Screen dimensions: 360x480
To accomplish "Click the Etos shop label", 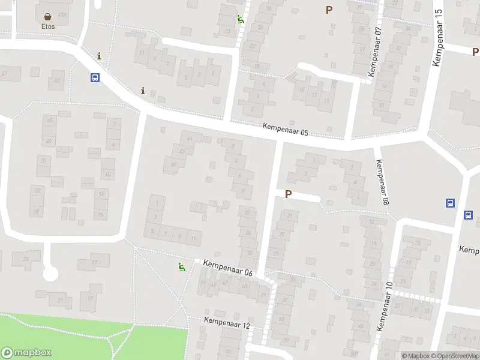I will click(48, 26).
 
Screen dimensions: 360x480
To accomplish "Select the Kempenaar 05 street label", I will click(285, 129).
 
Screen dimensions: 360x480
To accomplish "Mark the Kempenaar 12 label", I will click(226, 323).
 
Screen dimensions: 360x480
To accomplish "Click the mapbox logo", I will click(26, 353).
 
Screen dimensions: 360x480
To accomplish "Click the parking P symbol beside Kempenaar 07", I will click(329, 10).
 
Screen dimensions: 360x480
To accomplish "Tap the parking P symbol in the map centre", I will click(288, 194).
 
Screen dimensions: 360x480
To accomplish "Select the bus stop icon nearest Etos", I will click(95, 77).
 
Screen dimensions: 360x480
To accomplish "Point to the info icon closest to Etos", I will click(99, 56).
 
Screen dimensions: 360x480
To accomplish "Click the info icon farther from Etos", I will click(143, 91).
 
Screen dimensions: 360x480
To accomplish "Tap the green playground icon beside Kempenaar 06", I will click(181, 266).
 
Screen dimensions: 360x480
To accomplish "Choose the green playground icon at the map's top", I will click(240, 19).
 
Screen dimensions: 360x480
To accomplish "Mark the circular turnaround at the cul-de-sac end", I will click(50, 274).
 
